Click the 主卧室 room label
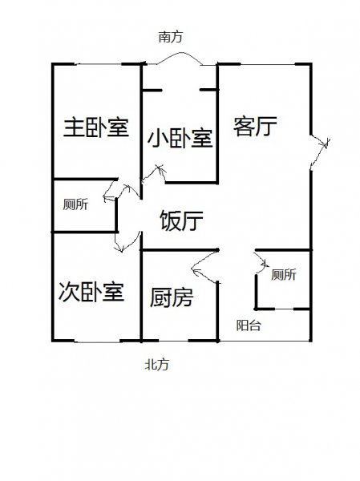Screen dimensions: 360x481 96,127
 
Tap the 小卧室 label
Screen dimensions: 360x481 180,138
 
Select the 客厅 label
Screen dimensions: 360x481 255,126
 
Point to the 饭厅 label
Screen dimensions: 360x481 181,220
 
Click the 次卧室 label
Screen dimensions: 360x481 91,292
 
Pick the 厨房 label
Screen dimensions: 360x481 172,297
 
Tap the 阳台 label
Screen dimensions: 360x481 249,325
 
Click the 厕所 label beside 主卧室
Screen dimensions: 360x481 75,204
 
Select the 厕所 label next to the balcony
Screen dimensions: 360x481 284,274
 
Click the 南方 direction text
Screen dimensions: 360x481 170,37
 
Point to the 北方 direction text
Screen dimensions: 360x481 157,365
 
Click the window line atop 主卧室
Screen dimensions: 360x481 98,64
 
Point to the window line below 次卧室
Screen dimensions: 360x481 97,342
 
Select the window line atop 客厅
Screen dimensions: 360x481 268,64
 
